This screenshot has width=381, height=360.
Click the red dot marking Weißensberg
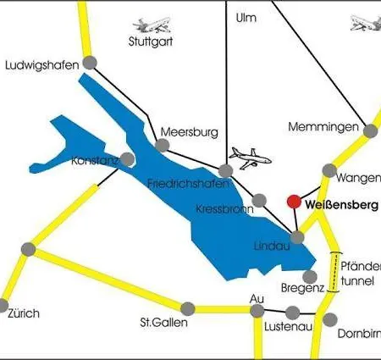pos(293,202)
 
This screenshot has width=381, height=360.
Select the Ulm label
pos(246,17)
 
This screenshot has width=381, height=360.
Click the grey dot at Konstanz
pos(127,158)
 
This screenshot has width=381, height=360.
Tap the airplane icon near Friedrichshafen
pos(251,158)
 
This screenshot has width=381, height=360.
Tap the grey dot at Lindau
pos(297,238)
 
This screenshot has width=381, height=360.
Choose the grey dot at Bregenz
pos(310,276)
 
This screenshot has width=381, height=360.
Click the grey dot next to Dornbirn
pos(332,320)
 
